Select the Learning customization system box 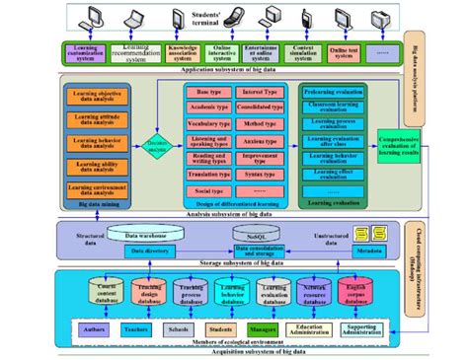85,52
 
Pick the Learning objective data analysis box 98,98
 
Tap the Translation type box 208,172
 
